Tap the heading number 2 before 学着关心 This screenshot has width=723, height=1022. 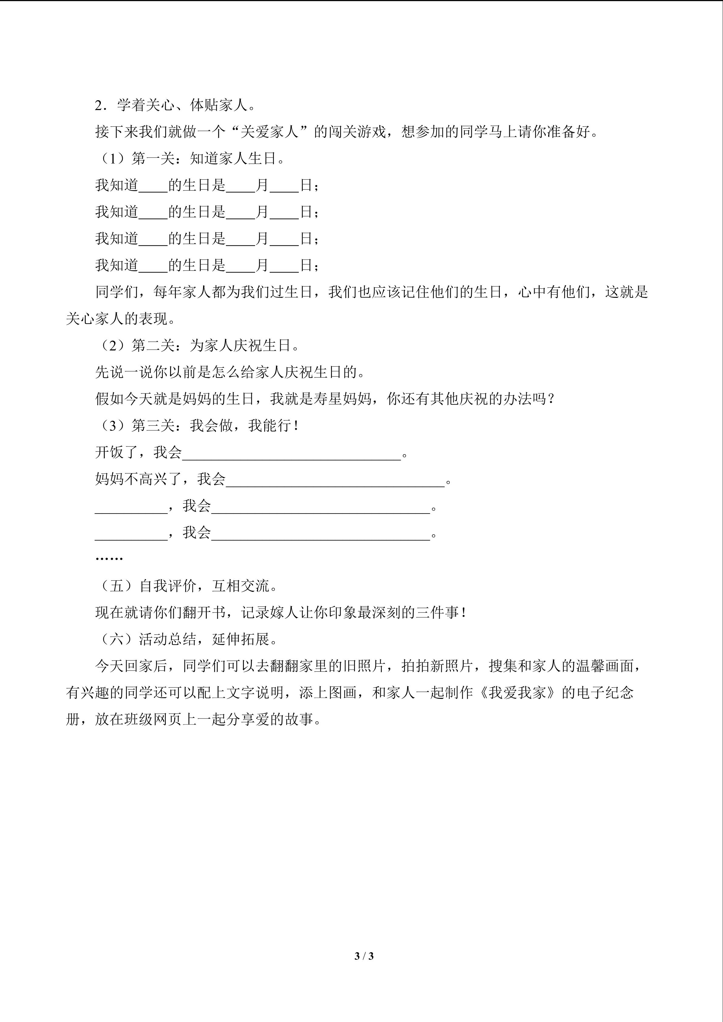(99, 106)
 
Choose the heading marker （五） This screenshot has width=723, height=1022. (116, 586)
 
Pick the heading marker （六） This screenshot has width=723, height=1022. (116, 640)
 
